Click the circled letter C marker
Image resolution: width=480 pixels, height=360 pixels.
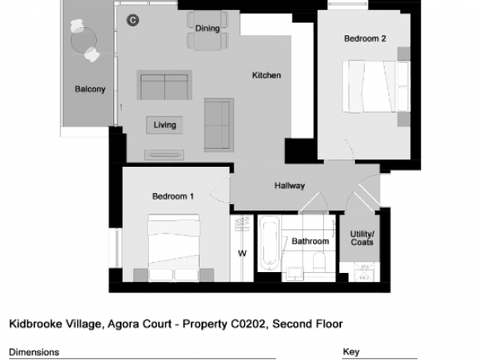(x=133, y=21)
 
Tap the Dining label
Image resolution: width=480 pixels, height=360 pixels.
(x=208, y=29)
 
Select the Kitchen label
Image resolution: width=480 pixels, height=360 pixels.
(x=266, y=76)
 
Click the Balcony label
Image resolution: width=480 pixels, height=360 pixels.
(x=90, y=89)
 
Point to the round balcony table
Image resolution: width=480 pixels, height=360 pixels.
(x=84, y=40)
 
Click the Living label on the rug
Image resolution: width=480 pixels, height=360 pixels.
(x=164, y=125)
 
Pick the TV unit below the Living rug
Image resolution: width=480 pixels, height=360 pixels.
(x=164, y=155)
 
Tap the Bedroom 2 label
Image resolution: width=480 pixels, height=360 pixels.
(x=365, y=39)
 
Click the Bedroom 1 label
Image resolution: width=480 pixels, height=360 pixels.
(x=173, y=196)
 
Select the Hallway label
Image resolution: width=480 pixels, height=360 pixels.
(x=289, y=186)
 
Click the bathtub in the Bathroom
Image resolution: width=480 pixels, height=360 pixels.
(x=270, y=243)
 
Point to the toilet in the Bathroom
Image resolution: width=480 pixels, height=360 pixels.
(x=319, y=261)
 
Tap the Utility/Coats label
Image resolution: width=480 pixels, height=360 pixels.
(x=362, y=238)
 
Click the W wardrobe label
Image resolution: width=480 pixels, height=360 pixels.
(x=242, y=253)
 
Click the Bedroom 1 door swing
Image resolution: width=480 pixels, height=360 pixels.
(x=219, y=189)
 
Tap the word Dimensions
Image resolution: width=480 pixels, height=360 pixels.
(x=34, y=352)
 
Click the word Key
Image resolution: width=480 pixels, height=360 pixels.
(x=351, y=352)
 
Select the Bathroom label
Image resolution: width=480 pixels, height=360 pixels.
(x=311, y=241)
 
